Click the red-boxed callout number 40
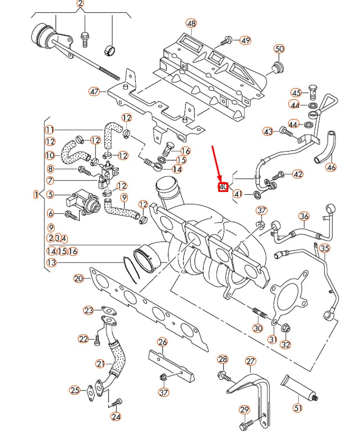(x=223, y=186)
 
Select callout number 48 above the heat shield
(x=192, y=24)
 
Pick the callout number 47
(x=94, y=91)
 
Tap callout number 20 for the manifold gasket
(x=79, y=278)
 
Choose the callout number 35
(x=325, y=248)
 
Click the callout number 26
(x=162, y=342)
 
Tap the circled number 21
(x=100, y=364)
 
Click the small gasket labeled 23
(x=107, y=310)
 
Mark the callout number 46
(x=331, y=167)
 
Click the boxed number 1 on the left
(x=36, y=195)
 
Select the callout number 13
(x=51, y=262)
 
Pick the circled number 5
(x=50, y=195)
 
